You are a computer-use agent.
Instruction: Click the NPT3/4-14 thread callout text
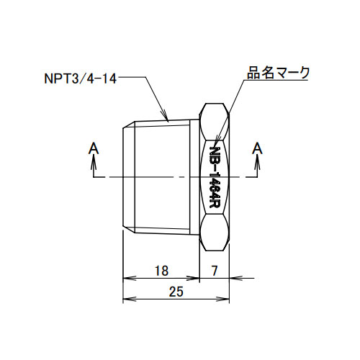pos(81,78)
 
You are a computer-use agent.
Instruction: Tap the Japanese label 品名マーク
pos(278,73)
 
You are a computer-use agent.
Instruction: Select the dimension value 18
pos(161,271)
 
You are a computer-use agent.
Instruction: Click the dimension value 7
pos(215,271)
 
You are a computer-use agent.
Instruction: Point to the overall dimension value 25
pos(176,292)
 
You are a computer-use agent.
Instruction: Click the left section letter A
pos(94,148)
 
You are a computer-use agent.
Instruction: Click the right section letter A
pos(258,148)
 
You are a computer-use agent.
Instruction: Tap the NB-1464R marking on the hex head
pos(215,177)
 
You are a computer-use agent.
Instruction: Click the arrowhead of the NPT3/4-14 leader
pos(165,116)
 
